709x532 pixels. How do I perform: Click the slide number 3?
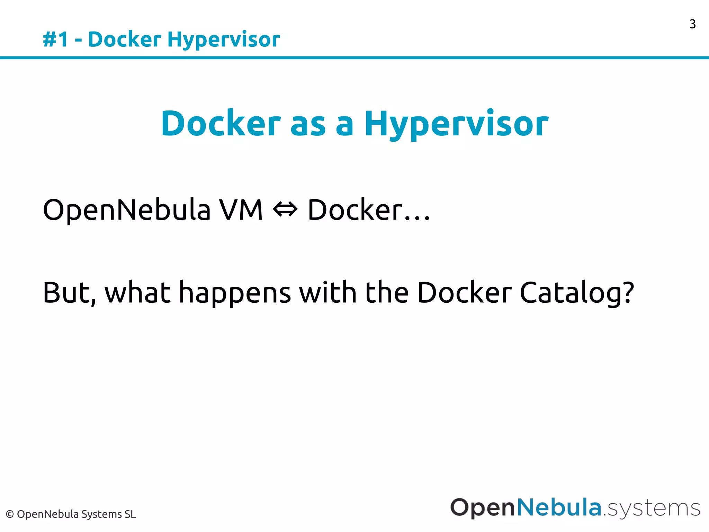tap(692, 24)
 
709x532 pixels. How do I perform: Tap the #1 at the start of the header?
tap(55, 39)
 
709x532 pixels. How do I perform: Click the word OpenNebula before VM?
tap(127, 210)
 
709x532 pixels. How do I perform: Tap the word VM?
tap(241, 210)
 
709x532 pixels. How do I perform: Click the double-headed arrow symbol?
tap(285, 210)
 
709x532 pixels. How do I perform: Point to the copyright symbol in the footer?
tap(10, 514)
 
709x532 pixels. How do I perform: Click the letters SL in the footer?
tap(130, 514)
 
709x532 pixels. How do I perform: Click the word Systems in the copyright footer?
tap(101, 514)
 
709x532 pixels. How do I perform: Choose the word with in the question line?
tap(327, 293)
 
